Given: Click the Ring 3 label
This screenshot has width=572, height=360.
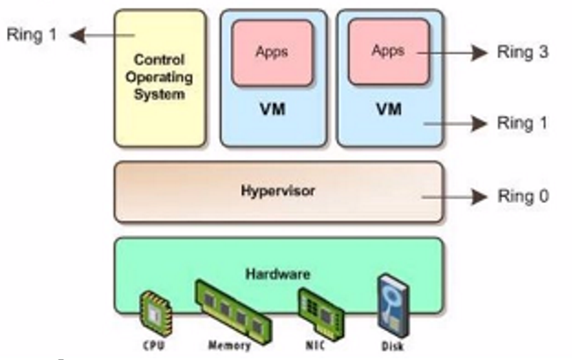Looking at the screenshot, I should [522, 53].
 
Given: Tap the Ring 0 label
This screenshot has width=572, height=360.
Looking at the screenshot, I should [522, 197].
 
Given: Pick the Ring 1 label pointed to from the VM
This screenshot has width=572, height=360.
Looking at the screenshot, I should [522, 124].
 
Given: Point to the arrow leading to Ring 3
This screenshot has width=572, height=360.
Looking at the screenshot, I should [465, 53].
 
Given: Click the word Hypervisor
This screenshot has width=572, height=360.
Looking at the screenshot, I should [279, 191].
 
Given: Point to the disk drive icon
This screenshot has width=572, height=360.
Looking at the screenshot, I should [391, 304].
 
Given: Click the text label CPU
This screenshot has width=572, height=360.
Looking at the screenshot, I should [152, 344].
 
